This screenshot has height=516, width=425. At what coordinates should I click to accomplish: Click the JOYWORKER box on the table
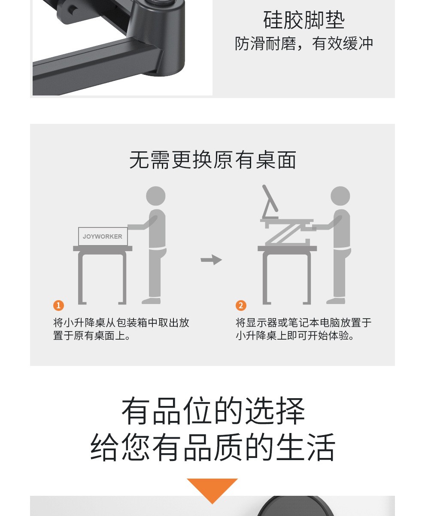(103, 236)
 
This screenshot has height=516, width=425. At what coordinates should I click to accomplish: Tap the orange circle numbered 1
(58, 305)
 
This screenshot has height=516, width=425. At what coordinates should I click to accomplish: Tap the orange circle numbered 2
(241, 305)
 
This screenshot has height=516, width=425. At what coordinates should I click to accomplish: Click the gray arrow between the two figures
(211, 260)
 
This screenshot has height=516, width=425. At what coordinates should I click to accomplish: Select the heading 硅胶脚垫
(304, 20)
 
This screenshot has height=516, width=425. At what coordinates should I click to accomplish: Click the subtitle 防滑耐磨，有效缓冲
(304, 44)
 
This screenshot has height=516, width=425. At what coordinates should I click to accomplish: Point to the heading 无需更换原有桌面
(212, 160)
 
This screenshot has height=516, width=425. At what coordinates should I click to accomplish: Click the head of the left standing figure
(156, 196)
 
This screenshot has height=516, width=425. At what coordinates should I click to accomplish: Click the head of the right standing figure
(340, 196)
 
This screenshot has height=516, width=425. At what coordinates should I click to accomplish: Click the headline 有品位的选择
(213, 411)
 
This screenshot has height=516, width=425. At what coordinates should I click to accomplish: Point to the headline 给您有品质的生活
(212, 447)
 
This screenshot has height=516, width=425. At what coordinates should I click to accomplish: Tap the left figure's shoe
(151, 301)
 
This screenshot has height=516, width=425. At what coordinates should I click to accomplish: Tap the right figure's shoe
(336, 301)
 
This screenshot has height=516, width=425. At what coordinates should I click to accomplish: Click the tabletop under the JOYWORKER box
(103, 249)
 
